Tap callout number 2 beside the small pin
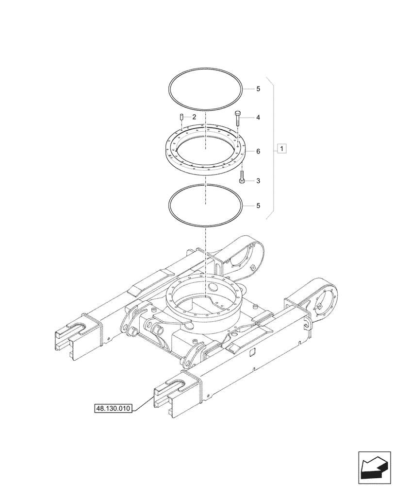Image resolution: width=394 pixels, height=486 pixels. click(x=194, y=117)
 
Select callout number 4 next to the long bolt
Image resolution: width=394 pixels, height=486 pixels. click(x=258, y=118)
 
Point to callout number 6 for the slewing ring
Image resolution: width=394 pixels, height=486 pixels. click(x=258, y=152)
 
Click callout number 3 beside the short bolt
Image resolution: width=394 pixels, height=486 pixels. click(x=258, y=181)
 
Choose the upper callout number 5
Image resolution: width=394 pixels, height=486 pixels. click(x=258, y=89)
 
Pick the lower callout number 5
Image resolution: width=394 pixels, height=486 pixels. click(x=258, y=206)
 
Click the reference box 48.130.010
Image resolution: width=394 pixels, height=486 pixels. click(x=112, y=409)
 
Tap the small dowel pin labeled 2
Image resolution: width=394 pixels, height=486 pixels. click(x=181, y=117)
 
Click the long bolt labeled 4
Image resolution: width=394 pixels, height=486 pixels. click(x=238, y=118)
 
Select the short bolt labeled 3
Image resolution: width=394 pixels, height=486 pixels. click(x=242, y=178)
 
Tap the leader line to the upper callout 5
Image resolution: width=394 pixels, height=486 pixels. click(x=248, y=89)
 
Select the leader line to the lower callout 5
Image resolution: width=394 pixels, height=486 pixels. click(x=248, y=206)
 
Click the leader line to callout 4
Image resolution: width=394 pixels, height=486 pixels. click(x=247, y=118)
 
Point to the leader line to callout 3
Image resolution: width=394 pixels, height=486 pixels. click(x=249, y=181)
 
